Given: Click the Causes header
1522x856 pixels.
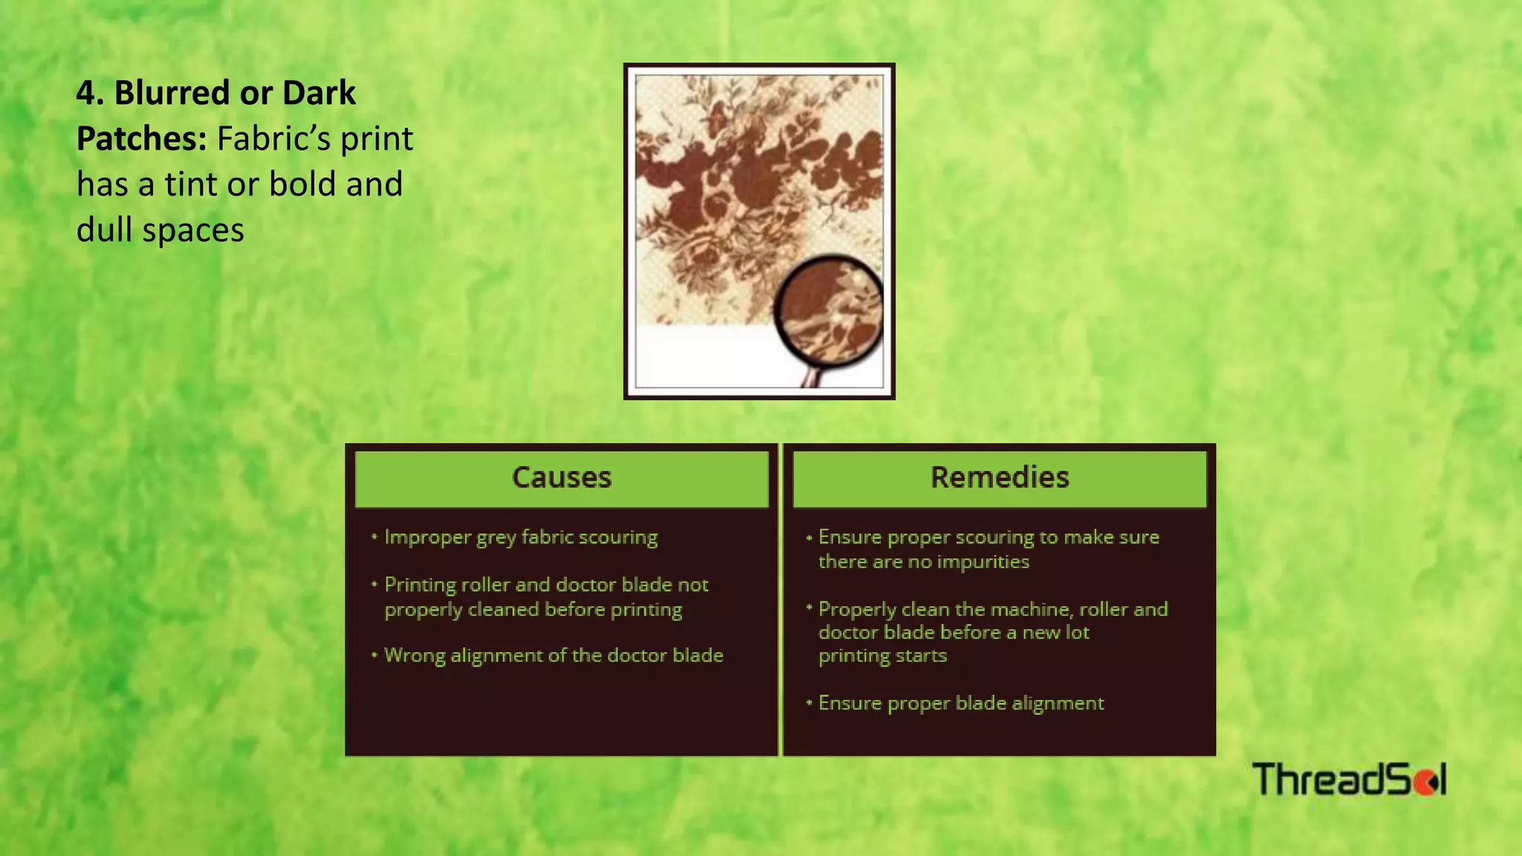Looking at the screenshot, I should click(x=561, y=478).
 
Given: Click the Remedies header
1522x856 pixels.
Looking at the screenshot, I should click(x=1000, y=478).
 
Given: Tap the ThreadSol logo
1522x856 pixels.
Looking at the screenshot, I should click(x=1349, y=779).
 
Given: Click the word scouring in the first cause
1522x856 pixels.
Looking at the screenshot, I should click(x=618, y=537).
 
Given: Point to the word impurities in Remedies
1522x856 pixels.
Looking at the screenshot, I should click(x=988, y=562).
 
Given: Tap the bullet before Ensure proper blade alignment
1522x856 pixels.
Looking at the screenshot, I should click(x=809, y=702).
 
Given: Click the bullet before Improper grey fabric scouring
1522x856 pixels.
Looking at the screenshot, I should click(x=375, y=536).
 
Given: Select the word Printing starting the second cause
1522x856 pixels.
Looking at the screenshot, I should click(x=420, y=585).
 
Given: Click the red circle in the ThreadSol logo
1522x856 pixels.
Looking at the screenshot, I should click(x=1424, y=782).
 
